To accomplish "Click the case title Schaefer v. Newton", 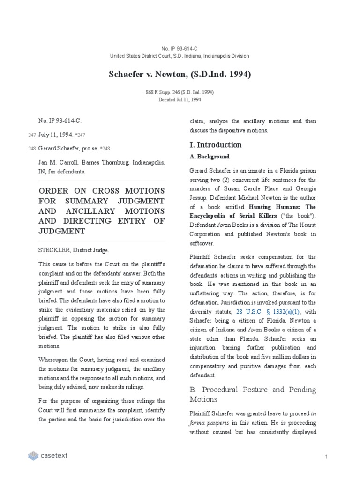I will point(180,74).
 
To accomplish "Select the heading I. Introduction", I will point(215,144).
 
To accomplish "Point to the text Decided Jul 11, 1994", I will point(180,99).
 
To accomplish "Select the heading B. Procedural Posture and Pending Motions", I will point(253,394).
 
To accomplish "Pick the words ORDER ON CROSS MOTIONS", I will point(101,191).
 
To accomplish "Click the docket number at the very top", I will point(180,49).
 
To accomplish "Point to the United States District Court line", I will point(180,56).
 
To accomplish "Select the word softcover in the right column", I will point(202,243).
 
